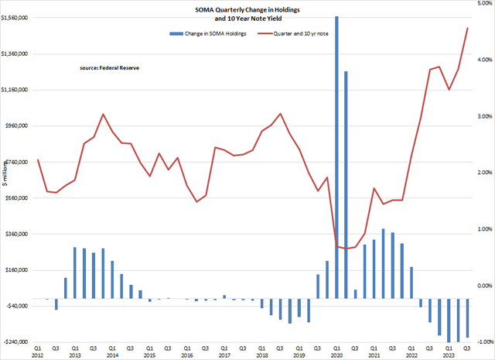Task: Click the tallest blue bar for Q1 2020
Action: click(336, 155)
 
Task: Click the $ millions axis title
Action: click(6, 173)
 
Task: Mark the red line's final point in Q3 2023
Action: click(468, 28)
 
